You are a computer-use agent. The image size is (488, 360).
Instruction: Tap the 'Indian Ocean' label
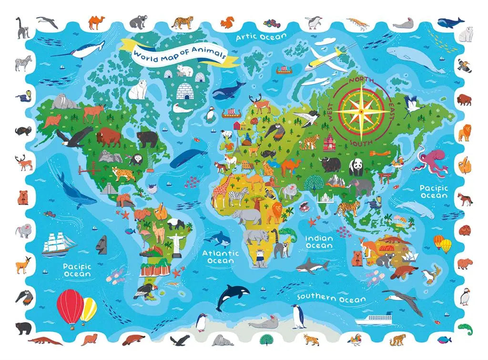319,242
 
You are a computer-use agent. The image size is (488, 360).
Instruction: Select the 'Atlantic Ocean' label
220,257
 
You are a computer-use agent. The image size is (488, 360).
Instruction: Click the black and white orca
228,297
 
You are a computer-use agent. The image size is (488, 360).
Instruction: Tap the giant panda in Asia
357,166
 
